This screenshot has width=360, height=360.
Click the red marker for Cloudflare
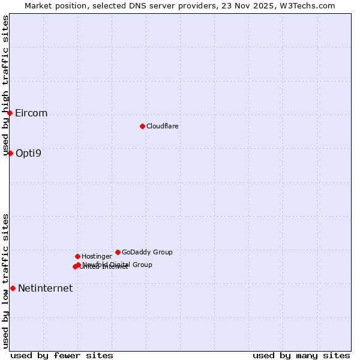(x=142, y=126)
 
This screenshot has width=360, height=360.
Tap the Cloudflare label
(x=163, y=126)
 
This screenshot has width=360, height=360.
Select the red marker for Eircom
(x=10, y=113)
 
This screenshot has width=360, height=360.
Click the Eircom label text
(x=31, y=113)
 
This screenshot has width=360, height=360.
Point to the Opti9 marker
(x=10, y=153)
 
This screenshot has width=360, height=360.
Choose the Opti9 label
(x=28, y=153)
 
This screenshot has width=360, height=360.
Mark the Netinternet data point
(x=13, y=288)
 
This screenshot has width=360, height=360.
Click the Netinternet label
(x=45, y=288)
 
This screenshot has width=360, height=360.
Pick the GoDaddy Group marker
(x=118, y=252)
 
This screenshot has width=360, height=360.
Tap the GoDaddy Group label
(x=147, y=252)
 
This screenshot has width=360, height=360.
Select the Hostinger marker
(x=77, y=256)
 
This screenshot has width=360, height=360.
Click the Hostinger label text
(x=97, y=256)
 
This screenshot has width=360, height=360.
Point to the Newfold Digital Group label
(x=118, y=264)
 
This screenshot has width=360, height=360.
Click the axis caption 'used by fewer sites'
(x=62, y=355)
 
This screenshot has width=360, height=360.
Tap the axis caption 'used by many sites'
(x=301, y=355)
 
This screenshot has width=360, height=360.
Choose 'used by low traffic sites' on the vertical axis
(x=6, y=281)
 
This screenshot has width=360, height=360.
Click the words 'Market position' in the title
(x=52, y=5)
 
